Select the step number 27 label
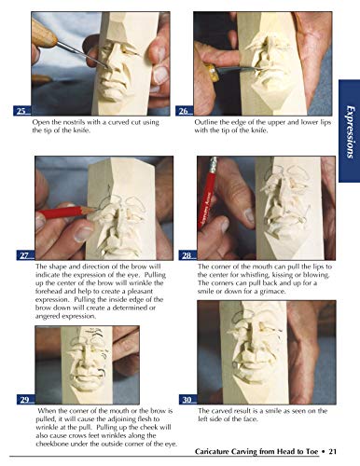point(23,255)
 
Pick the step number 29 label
point(23,400)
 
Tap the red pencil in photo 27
point(56,213)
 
